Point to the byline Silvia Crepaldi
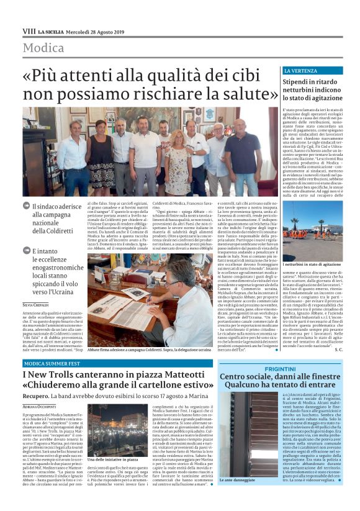tap(35, 305)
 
